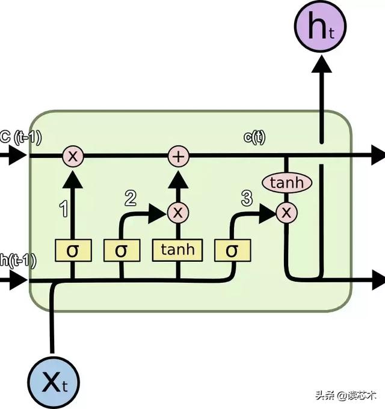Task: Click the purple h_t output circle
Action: pos(319,28)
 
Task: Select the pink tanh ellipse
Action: pos(286,183)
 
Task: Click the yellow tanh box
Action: pos(177,249)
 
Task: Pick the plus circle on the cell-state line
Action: pos(178,157)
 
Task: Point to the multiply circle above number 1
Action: pos(73,157)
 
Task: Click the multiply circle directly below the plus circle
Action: pos(177,211)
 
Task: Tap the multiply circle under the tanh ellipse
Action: pos(286,211)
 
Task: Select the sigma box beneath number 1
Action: pos(73,250)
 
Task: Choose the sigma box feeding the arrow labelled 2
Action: pos(121,250)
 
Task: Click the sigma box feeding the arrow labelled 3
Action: pos(232,250)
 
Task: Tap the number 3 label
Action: pos(247,198)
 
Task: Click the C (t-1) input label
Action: pos(20,138)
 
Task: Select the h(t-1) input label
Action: pos(18,260)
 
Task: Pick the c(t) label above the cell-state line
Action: pos(254,138)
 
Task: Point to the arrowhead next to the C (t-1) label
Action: pos(18,157)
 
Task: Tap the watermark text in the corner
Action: pos(350,395)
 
